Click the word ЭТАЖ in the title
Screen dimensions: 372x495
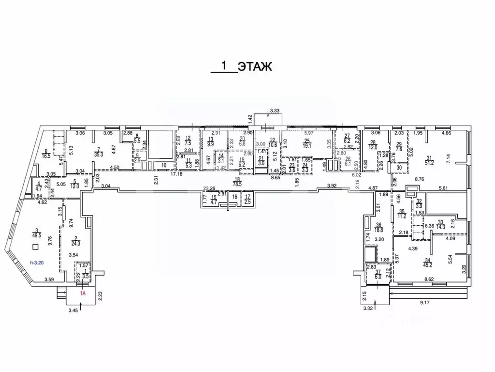coord(255,66)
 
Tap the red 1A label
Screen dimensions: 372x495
coord(83,293)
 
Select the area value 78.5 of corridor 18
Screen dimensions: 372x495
coord(237,185)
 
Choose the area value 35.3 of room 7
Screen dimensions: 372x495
coord(100,155)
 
